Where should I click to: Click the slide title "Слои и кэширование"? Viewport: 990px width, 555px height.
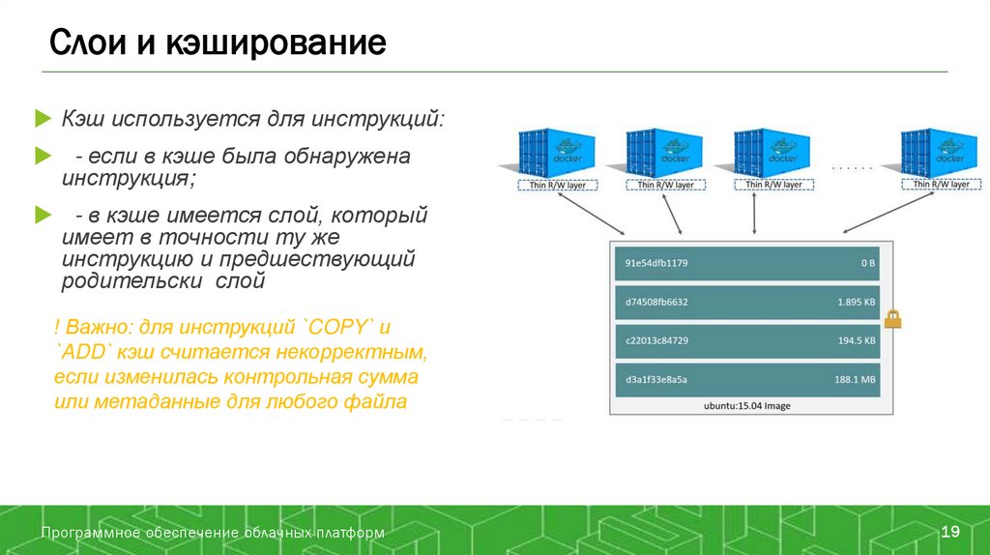[x=218, y=44]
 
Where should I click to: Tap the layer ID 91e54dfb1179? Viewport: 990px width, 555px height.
[x=656, y=263]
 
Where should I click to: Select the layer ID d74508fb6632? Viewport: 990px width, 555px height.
[x=656, y=302]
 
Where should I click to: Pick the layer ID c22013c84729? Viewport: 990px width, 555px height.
[x=656, y=340]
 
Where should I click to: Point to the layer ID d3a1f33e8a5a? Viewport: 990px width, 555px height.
[x=656, y=379]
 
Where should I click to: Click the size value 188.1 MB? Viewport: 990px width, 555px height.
[x=855, y=379]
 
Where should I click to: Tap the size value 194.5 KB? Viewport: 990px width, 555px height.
[x=857, y=340]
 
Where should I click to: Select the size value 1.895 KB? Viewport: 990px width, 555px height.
[x=857, y=302]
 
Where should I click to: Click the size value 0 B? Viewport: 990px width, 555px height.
[x=868, y=263]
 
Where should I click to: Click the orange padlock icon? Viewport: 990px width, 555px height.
[x=892, y=318]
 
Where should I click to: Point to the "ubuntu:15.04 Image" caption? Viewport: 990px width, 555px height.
[x=746, y=406]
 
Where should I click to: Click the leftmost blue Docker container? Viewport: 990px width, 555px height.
[x=557, y=153]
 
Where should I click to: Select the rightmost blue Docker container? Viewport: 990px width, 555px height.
[x=934, y=153]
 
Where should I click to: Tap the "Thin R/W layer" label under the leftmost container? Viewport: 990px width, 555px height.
[x=557, y=184]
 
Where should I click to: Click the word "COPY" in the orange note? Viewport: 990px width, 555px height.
[x=338, y=324]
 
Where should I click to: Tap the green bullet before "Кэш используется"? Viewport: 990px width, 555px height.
[x=41, y=119]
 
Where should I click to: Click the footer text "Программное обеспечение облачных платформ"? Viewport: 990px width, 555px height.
[x=213, y=533]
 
